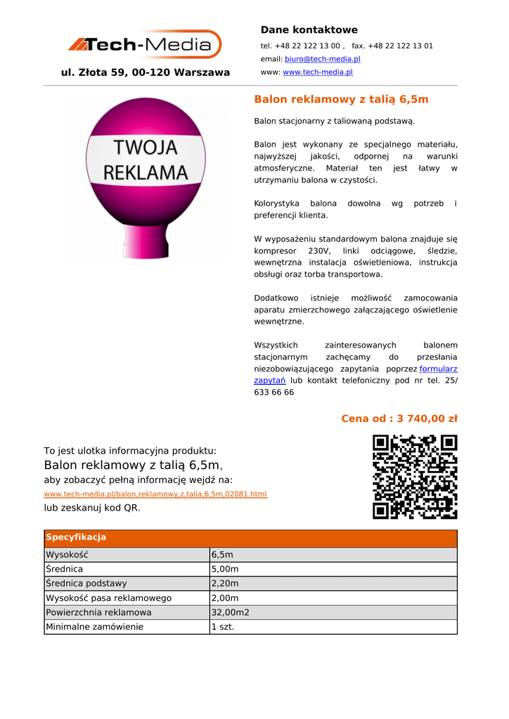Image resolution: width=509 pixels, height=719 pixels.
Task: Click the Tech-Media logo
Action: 144,45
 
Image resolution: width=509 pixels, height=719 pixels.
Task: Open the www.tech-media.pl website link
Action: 317,72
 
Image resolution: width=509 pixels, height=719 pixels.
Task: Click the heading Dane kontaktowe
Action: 309,29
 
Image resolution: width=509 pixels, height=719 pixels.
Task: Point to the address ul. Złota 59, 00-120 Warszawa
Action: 146,72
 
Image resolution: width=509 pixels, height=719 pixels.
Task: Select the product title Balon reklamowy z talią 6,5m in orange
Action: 341,100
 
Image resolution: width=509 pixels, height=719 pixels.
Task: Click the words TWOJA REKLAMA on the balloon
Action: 146,159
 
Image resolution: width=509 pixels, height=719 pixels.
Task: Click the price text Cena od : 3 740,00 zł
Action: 399,418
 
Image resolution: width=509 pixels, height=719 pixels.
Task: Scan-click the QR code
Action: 415,477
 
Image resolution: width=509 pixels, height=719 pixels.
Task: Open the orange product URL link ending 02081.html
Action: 155,494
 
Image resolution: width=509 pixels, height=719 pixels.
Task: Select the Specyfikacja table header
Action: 76,538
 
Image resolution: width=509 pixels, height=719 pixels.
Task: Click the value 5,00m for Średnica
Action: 225,569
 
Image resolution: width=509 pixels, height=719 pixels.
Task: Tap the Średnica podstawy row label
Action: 86,583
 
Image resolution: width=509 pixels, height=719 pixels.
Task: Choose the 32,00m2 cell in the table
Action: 230,612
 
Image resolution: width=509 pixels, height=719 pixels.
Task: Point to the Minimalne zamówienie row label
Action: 94,626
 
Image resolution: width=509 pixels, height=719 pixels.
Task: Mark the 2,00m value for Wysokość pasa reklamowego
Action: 225,598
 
